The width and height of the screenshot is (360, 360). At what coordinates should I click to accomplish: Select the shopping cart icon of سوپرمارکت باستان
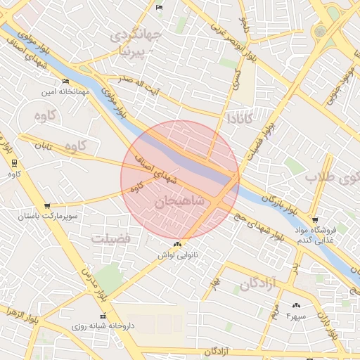point(47,206)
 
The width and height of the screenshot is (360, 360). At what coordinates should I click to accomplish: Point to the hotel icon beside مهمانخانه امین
point(66,81)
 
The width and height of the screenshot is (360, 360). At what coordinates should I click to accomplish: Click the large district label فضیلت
point(111,239)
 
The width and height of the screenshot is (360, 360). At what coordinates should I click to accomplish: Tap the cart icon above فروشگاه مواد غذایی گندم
point(314,220)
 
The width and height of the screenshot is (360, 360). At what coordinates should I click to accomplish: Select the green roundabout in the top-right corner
point(321,31)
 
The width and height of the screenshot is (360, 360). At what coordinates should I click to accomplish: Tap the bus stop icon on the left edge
point(14,163)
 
